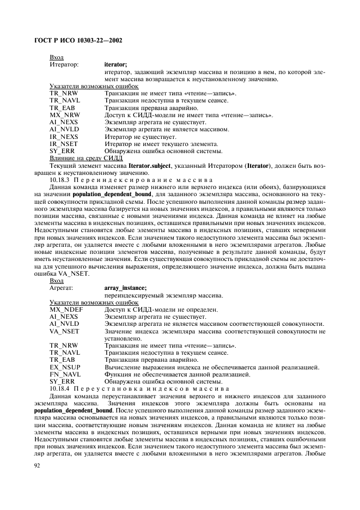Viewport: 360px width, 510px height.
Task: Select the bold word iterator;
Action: (115, 64)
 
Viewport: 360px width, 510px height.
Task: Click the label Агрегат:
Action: (62, 288)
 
